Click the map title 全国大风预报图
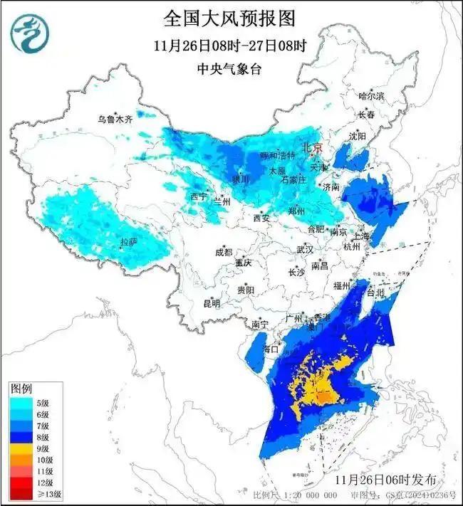(229, 16)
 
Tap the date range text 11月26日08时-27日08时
(229, 46)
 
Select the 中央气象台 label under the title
(229, 69)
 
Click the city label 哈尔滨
(370, 96)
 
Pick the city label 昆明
(212, 303)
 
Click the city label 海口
(271, 349)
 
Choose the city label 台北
(375, 292)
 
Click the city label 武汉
(306, 250)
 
